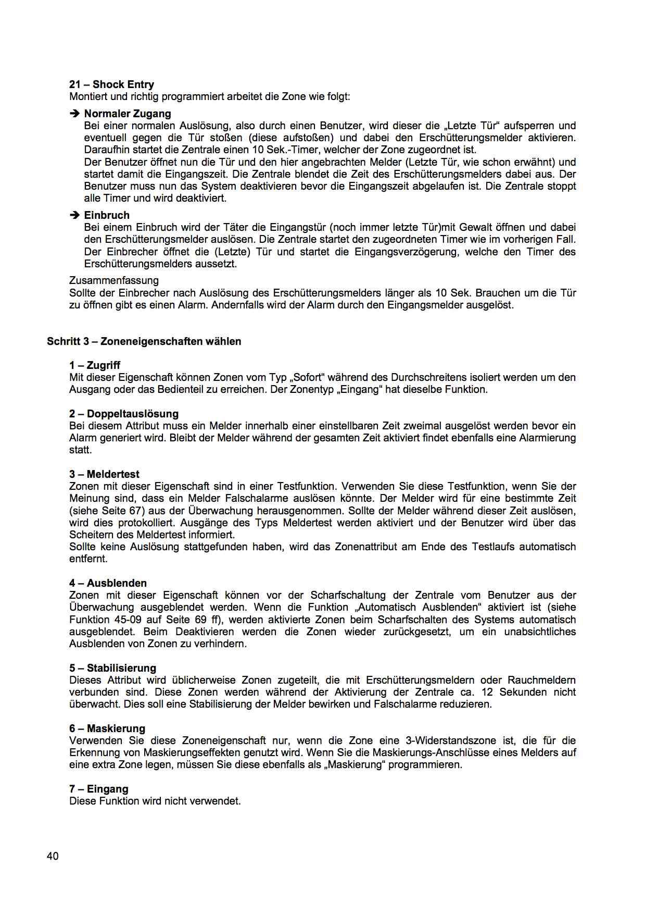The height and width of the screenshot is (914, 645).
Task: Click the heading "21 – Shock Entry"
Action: [x=111, y=84]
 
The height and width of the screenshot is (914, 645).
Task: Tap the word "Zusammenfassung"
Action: [x=114, y=280]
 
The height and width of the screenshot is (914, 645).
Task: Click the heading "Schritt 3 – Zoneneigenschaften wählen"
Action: [x=144, y=341]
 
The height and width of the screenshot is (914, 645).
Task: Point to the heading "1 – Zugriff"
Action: [x=95, y=365]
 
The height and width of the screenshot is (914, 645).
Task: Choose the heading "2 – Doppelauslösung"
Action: [x=124, y=414]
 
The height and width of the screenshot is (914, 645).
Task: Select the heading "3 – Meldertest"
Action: [x=104, y=474]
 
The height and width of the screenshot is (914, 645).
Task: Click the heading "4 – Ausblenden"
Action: [x=108, y=583]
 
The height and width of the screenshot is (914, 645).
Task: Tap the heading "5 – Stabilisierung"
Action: [x=112, y=668]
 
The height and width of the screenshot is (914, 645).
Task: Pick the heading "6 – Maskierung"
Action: [x=107, y=728]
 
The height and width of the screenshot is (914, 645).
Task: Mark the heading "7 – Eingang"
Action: [x=98, y=789]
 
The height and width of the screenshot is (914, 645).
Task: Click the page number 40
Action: [x=53, y=856]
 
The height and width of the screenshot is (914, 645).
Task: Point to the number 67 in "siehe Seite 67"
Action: [x=135, y=511]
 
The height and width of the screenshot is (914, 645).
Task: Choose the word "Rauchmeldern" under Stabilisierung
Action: [x=541, y=680]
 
